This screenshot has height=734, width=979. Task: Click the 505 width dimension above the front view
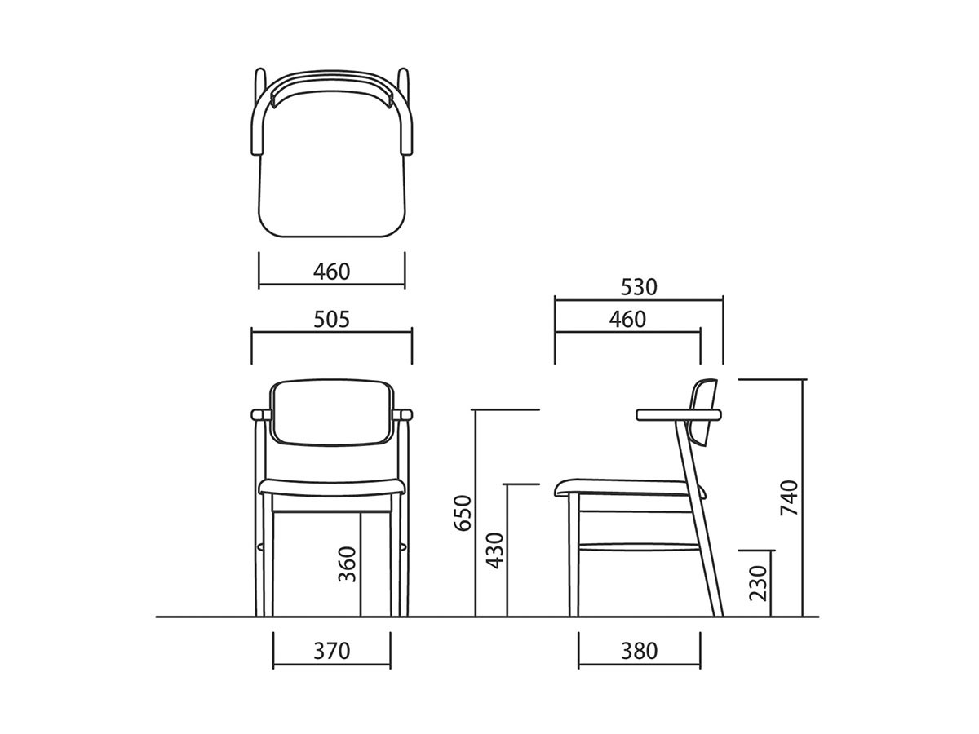pos(331,320)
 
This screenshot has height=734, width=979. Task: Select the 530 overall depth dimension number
pos(639,287)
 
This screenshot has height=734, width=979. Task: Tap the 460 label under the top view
pos(331,272)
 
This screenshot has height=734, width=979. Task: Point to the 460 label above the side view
pos(627,320)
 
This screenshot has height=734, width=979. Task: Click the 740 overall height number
pos(789,497)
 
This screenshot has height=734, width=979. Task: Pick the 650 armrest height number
pos(463,513)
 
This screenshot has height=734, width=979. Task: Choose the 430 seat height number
pos(494,550)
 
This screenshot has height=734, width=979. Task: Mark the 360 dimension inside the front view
pos(347,564)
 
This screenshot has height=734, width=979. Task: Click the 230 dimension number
pos(758,583)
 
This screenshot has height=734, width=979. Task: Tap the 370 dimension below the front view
pos(331,651)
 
